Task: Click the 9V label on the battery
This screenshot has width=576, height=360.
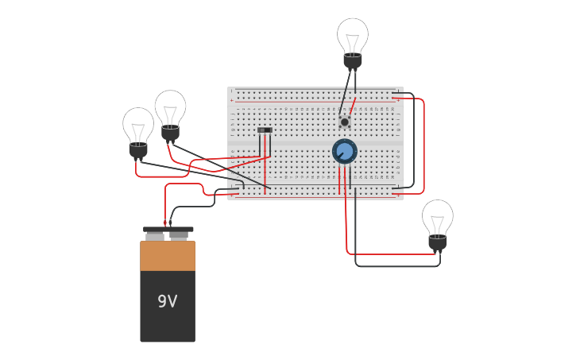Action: tap(167, 302)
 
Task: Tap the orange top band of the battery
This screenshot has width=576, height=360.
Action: tap(168, 256)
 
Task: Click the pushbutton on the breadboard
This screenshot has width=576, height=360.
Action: tap(344, 122)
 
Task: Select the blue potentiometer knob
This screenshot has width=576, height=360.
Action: tap(344, 151)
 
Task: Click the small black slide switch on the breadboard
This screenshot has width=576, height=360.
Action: tap(265, 130)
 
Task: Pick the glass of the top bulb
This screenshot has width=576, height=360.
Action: tap(353, 34)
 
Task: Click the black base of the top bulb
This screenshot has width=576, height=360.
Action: tap(353, 60)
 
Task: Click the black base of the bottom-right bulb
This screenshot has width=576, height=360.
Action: tap(438, 242)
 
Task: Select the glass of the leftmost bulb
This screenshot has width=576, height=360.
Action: tap(138, 124)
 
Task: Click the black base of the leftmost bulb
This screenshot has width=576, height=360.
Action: tap(138, 149)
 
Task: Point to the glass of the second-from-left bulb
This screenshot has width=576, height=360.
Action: tap(170, 106)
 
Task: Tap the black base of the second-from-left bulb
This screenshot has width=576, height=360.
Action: tap(170, 132)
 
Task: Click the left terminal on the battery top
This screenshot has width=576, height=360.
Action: tap(155, 236)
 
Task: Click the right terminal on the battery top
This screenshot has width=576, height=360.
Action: tap(179, 236)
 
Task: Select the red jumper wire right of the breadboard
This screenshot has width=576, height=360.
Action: tap(423, 147)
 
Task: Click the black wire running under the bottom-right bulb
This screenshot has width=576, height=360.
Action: tap(397, 266)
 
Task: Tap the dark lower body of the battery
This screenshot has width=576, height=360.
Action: tap(168, 318)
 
